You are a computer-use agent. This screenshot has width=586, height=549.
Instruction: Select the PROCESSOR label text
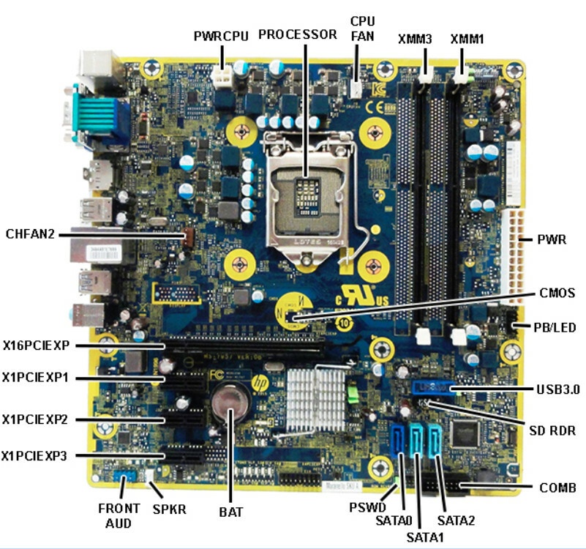(298, 34)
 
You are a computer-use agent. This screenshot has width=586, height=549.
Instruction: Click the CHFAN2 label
(30, 234)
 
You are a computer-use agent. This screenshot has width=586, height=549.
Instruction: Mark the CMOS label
(556, 294)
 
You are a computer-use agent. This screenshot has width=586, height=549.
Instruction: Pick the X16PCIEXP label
(35, 345)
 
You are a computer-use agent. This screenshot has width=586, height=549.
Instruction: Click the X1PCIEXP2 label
(35, 419)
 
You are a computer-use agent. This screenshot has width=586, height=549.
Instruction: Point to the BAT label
(231, 512)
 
